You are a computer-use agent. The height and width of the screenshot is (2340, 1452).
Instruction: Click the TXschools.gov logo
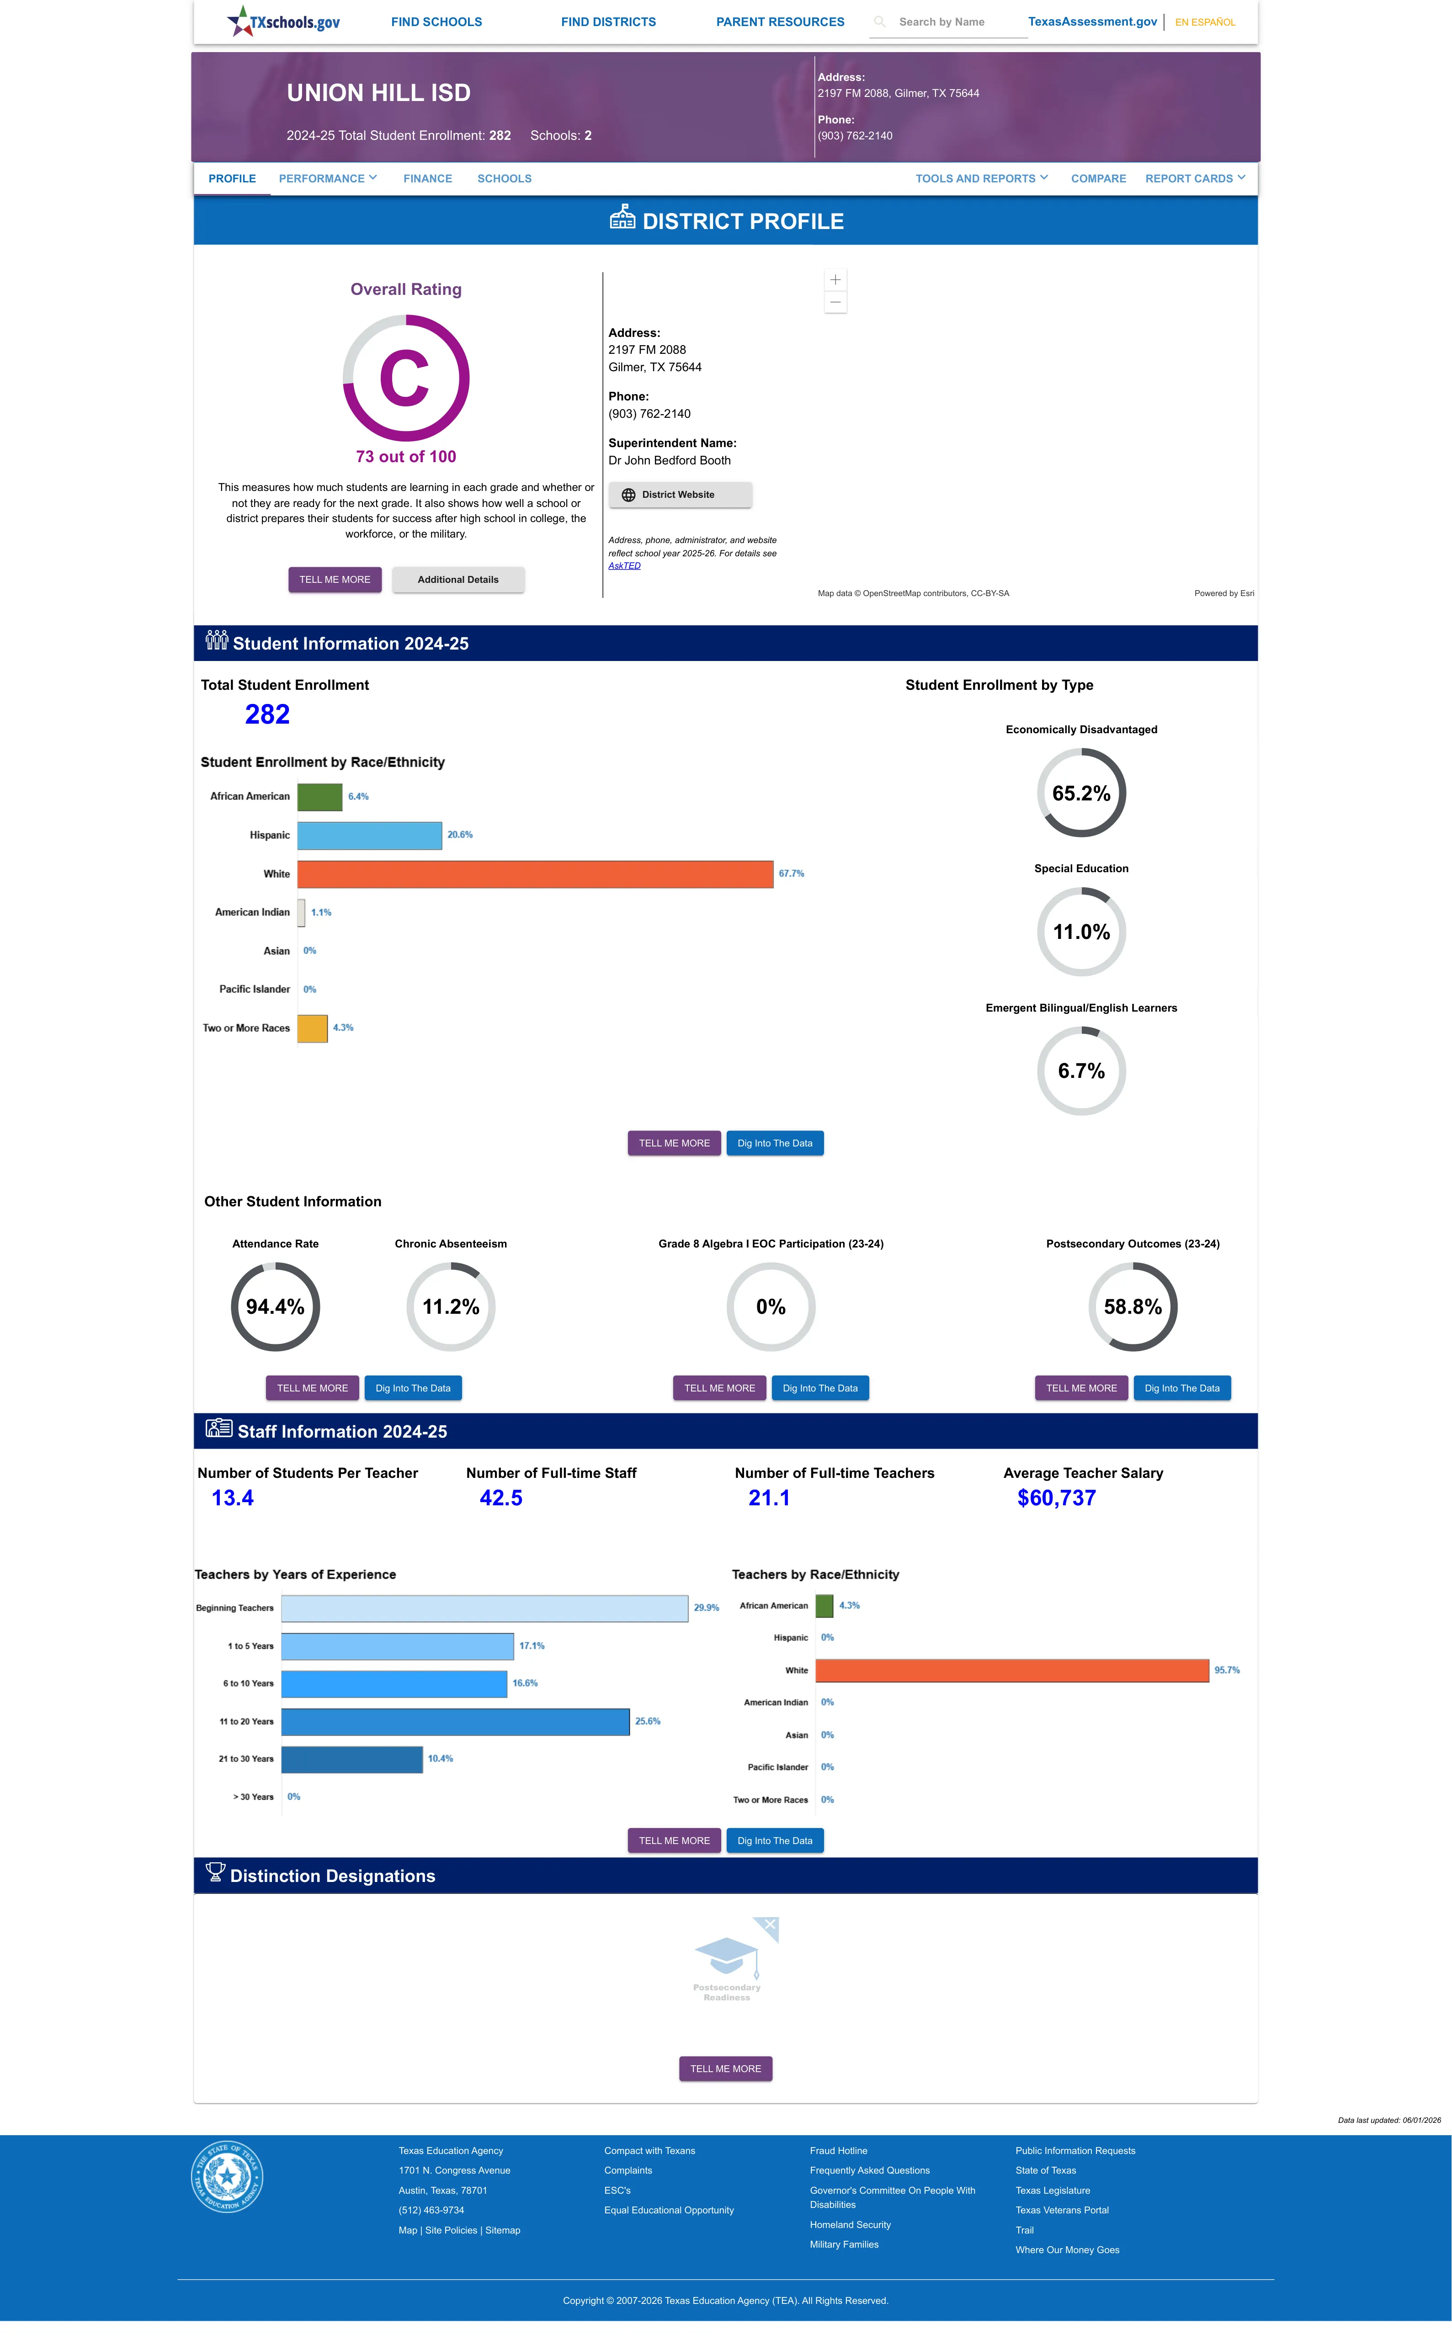[x=283, y=21]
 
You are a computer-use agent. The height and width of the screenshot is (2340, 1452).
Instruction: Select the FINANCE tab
[x=427, y=179]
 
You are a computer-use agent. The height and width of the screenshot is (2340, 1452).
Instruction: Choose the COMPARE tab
[x=1099, y=179]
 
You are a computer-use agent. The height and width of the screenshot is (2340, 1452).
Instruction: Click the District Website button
[x=680, y=495]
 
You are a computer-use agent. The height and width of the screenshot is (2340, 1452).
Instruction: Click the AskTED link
[x=624, y=565]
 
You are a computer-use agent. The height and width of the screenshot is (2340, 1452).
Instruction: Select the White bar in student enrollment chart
[x=535, y=874]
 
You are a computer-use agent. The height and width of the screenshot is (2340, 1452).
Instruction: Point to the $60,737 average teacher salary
[x=1056, y=1498]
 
